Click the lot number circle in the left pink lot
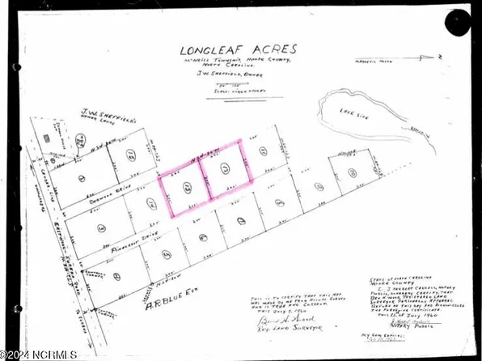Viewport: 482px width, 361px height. tap(186, 188)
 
